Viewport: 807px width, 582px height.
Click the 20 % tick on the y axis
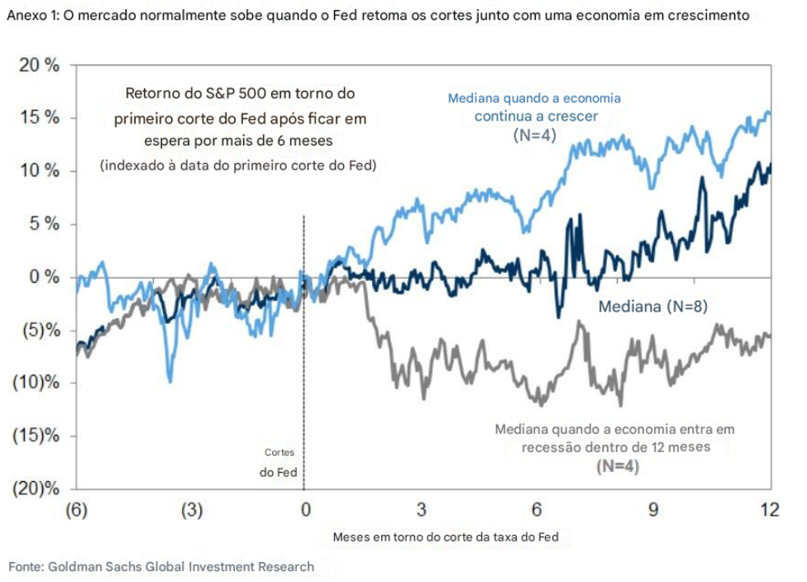tap(40, 65)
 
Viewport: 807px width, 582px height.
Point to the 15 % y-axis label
tap(40, 117)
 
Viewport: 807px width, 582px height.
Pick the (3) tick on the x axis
tap(191, 509)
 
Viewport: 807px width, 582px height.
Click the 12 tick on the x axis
tap(770, 509)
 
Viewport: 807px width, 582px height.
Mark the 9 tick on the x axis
tap(653, 509)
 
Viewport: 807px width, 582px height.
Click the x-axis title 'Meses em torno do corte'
tap(445, 537)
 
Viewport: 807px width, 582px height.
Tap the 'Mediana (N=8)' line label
tap(652, 308)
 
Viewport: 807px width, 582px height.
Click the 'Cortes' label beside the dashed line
tap(279, 453)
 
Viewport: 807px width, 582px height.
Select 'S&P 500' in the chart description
tap(224, 94)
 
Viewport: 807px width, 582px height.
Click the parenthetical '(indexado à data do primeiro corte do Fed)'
tap(238, 165)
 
